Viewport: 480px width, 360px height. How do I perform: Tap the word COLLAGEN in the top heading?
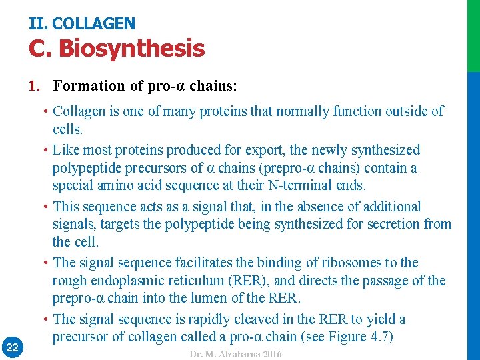pos(93,24)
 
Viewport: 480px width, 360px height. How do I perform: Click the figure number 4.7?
pos(375,337)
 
